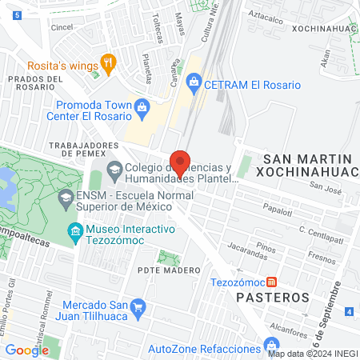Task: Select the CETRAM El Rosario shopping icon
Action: (194, 82)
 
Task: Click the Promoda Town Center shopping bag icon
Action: (142, 106)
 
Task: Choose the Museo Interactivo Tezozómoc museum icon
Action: (76, 230)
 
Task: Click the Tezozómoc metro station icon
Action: (274, 282)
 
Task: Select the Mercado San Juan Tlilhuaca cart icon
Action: (138, 305)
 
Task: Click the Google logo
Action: (26, 350)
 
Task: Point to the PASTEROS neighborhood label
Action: (274, 298)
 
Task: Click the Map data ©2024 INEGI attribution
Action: (313, 354)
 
